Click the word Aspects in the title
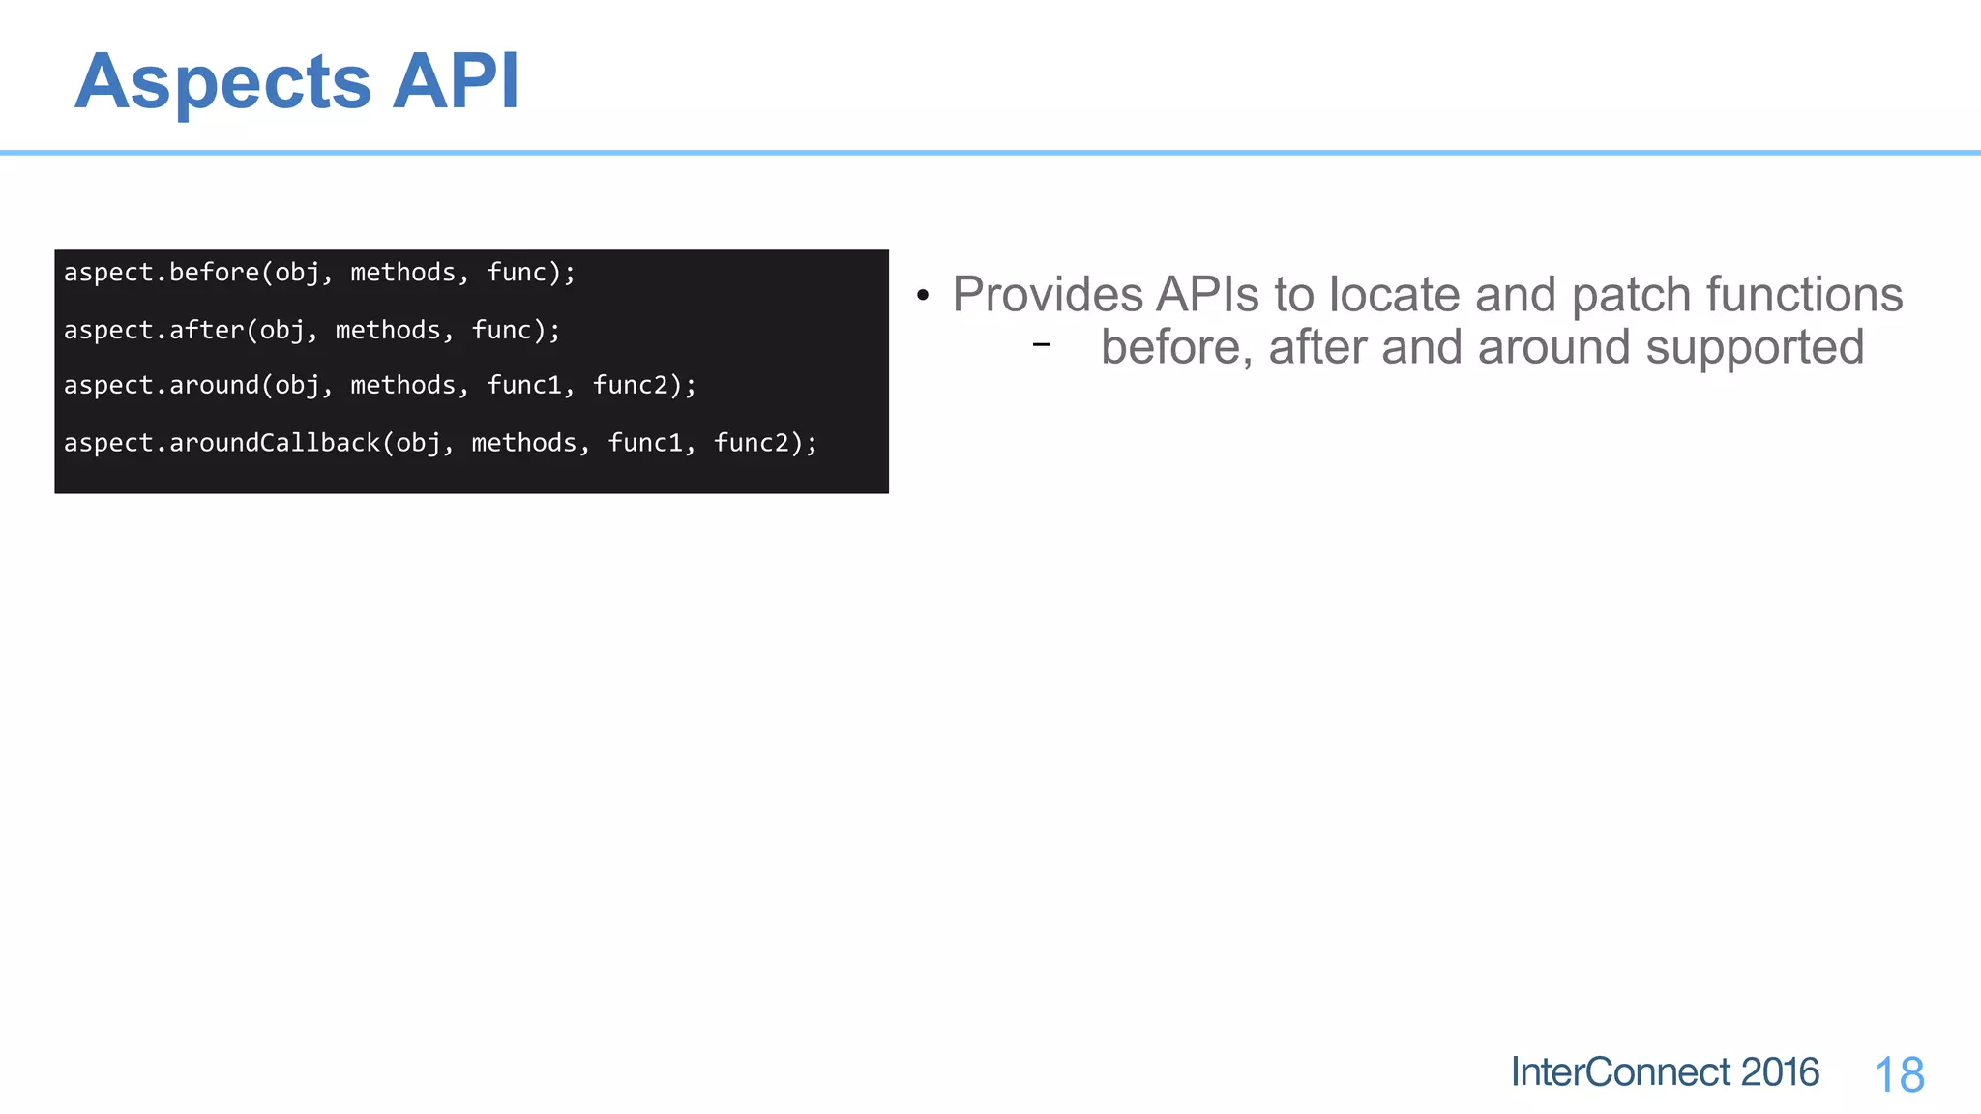coord(222,83)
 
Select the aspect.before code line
coord(319,273)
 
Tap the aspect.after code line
coord(311,331)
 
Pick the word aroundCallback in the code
coord(275,443)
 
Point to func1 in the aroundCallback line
coord(645,443)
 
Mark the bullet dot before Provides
coord(923,296)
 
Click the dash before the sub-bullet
coord(1041,344)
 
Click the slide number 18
coord(1899,1075)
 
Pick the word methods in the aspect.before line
coord(402,273)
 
